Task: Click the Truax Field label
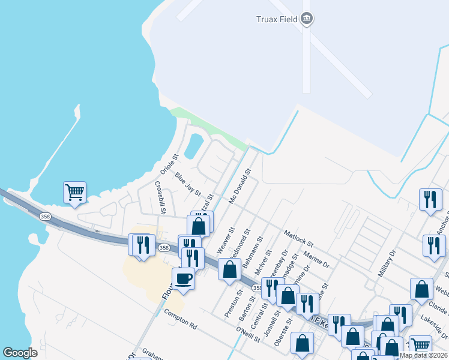pyautogui.click(x=274, y=19)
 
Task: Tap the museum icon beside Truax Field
pyautogui.click(x=307, y=19)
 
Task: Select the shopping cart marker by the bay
pyautogui.click(x=74, y=193)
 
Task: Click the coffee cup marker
pyautogui.click(x=183, y=280)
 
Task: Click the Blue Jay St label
pyautogui.click(x=187, y=184)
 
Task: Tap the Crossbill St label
pyautogui.click(x=160, y=197)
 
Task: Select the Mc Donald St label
pyautogui.click(x=239, y=187)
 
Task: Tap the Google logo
pyautogui.click(x=20, y=353)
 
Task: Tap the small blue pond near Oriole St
pyautogui.click(x=193, y=146)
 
